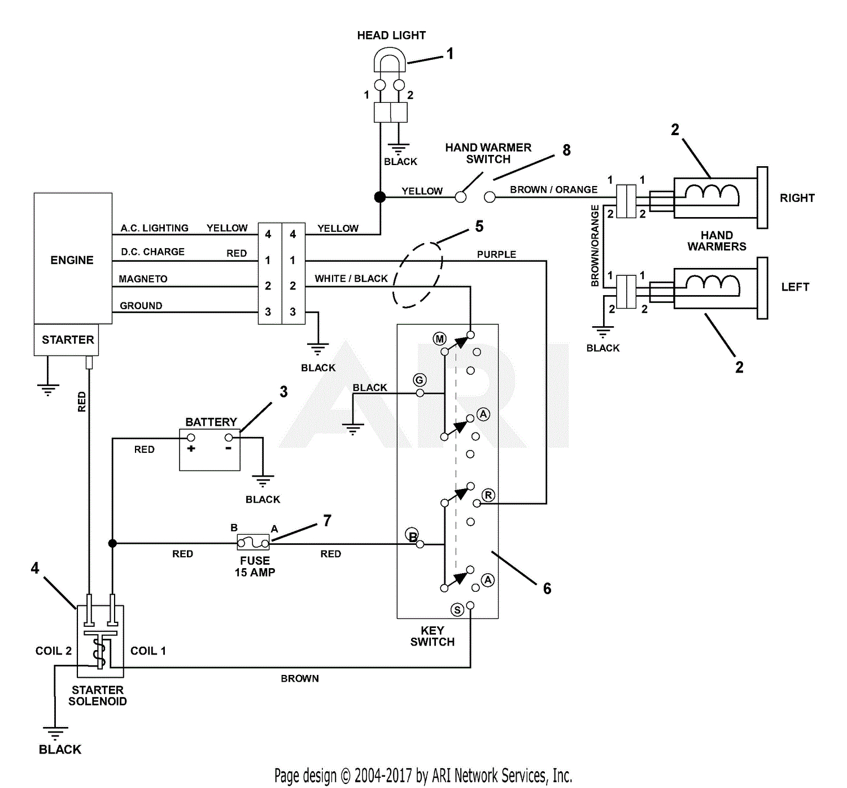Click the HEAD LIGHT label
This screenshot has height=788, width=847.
point(391,35)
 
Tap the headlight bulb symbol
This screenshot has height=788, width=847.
point(390,60)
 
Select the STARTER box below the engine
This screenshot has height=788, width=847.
point(67,340)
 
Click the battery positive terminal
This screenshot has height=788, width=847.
point(191,438)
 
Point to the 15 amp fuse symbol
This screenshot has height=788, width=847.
point(253,543)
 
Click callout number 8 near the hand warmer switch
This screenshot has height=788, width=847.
point(566,150)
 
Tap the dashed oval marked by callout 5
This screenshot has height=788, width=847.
point(418,275)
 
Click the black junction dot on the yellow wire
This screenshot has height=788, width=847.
point(380,197)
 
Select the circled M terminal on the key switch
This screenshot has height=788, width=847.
point(439,339)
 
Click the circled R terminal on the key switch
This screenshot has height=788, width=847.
point(488,495)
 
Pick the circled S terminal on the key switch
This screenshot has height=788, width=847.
point(457,609)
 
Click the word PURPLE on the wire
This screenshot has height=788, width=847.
point(496,254)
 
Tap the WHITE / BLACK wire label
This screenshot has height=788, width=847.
point(351,279)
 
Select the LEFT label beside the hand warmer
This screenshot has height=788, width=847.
point(795,287)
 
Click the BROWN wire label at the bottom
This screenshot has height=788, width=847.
point(300,678)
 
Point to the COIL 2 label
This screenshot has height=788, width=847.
point(53,651)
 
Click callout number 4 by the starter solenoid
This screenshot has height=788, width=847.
point(35,568)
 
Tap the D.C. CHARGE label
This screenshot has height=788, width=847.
point(152,252)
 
